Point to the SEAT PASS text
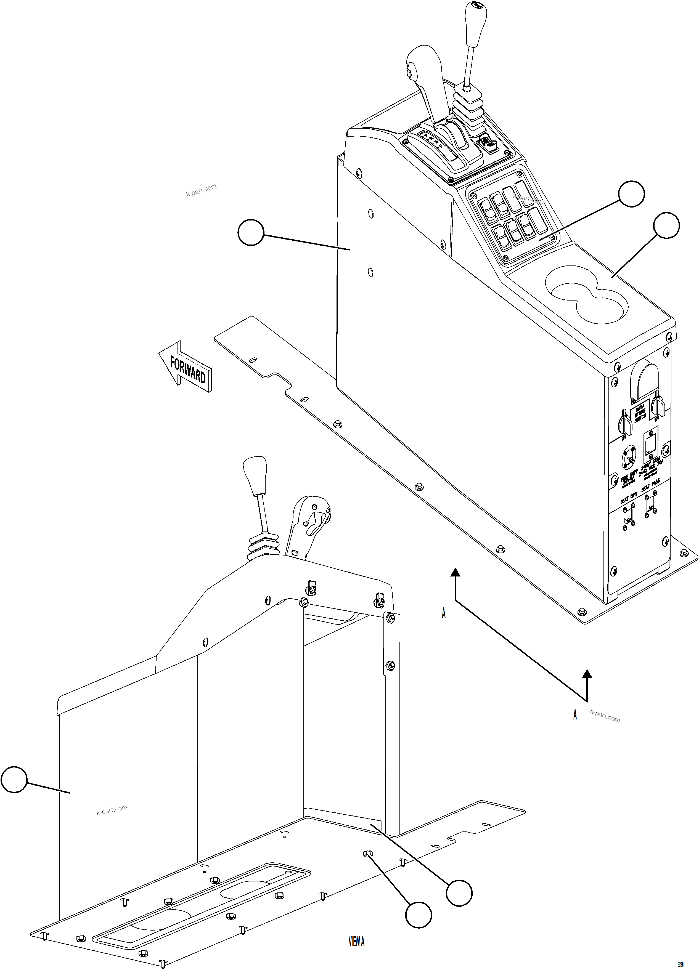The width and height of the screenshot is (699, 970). pos(651,486)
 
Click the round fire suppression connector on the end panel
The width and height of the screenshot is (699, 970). pos(629,458)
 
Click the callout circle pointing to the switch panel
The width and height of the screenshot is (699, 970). pos(631,194)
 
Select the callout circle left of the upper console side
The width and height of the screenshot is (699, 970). pos(251,232)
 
